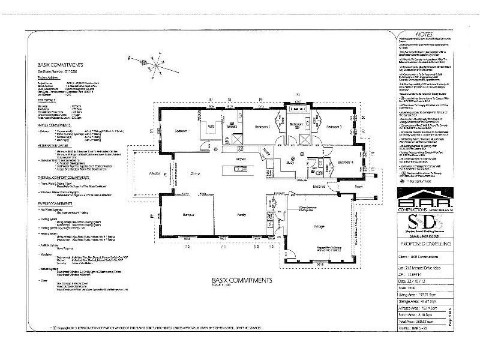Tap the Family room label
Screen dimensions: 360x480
click(x=242, y=214)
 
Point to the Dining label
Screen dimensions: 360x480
click(x=194, y=174)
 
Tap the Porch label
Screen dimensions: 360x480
click(x=359, y=187)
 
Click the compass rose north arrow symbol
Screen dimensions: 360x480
click(x=143, y=61)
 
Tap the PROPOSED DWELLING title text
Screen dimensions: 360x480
click(x=429, y=245)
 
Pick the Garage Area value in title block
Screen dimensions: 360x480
click(x=428, y=306)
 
